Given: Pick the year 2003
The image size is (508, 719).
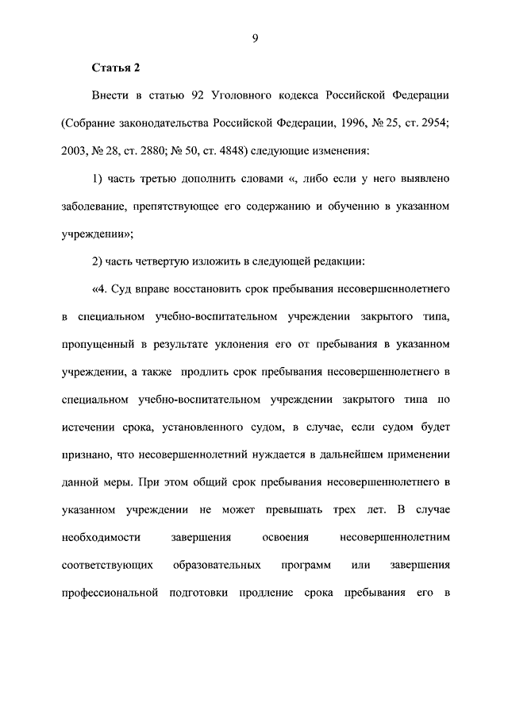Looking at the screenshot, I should click(76, 151).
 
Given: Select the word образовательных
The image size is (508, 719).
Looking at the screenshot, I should click(217, 566).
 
